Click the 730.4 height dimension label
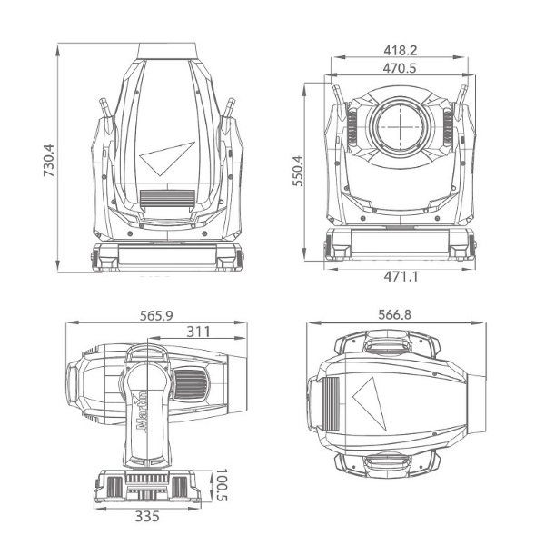point(49,160)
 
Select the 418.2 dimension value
point(400,51)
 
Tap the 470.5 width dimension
point(400,68)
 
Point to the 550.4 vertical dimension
point(298,171)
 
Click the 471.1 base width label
point(401,277)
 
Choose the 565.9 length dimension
point(156,315)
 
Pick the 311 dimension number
point(198,332)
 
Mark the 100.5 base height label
point(221,485)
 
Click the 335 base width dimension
point(147,517)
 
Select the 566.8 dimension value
point(394,314)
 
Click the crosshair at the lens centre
point(401,127)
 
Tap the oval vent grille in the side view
point(191,385)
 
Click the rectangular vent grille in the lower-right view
point(331,403)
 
